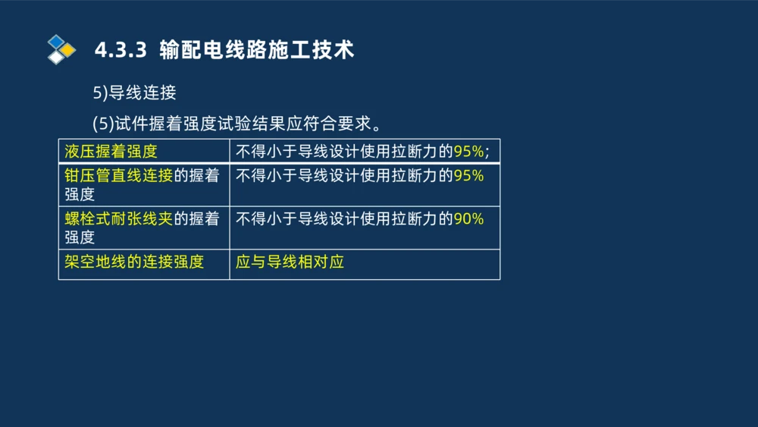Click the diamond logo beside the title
(x=61, y=49)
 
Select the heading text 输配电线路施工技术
(x=257, y=50)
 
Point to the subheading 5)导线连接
(x=134, y=93)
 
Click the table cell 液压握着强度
(x=111, y=151)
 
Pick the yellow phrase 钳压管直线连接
(x=119, y=176)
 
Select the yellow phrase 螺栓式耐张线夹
(x=119, y=219)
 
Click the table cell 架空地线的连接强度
(x=134, y=262)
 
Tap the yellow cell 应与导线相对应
(x=290, y=262)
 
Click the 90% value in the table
(x=468, y=219)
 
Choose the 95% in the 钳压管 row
(x=468, y=176)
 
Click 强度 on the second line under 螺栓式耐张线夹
(x=80, y=237)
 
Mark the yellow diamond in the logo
(x=68, y=50)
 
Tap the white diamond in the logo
(x=55, y=57)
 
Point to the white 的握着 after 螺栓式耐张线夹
(x=196, y=219)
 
